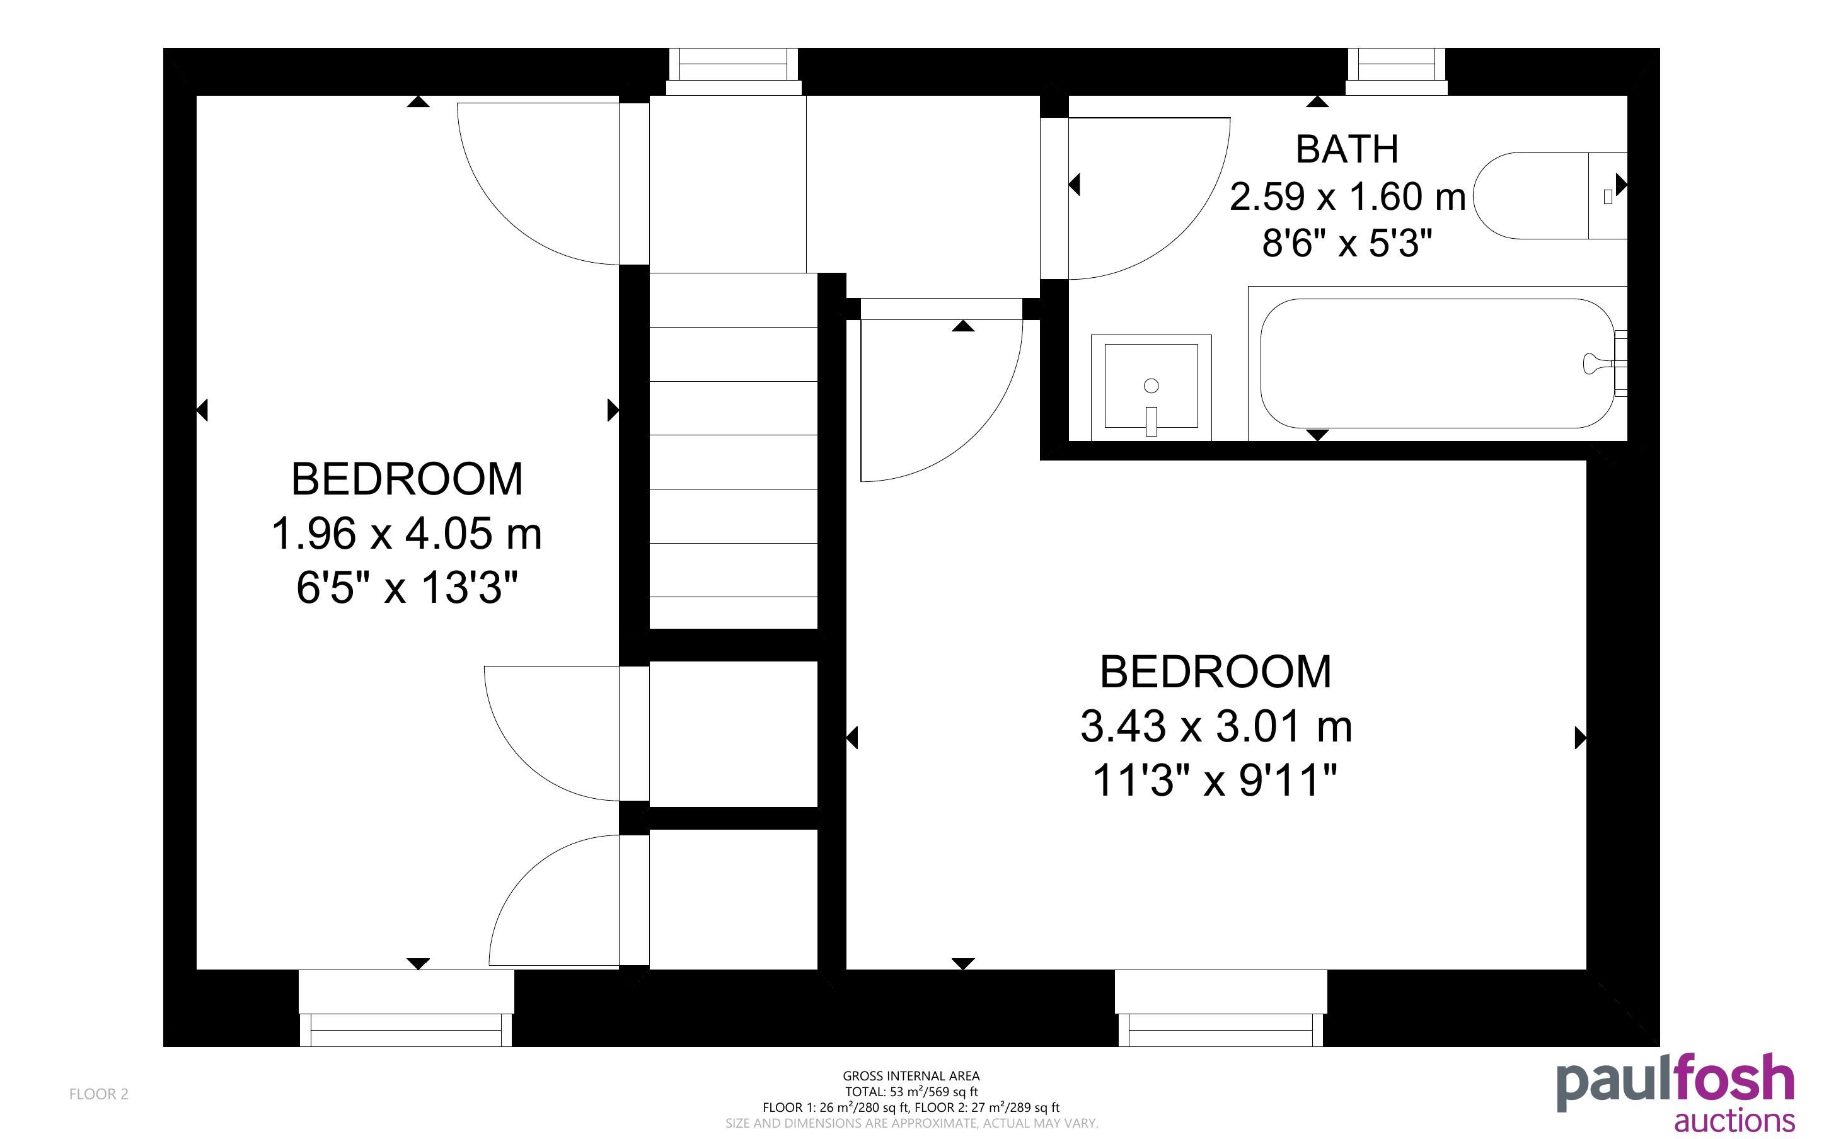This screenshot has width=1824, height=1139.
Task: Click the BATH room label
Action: tap(1347, 149)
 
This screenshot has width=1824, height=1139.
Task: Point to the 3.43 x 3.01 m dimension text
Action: tap(1216, 726)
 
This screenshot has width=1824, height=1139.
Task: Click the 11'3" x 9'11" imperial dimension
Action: tap(1215, 780)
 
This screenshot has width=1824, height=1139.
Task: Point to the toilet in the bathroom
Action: tap(1550, 196)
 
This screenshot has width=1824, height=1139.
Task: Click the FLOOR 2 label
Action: tap(99, 1094)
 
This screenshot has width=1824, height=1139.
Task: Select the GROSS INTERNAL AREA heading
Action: tap(911, 1076)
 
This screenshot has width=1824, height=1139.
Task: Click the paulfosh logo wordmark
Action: tap(1676, 1082)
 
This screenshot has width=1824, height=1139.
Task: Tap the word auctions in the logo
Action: tap(1735, 1120)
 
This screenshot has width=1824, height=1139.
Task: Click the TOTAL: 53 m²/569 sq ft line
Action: tap(911, 1092)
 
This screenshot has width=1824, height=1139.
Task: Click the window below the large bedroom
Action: tap(1221, 1008)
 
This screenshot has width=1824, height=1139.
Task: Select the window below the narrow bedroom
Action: tap(406, 1008)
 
